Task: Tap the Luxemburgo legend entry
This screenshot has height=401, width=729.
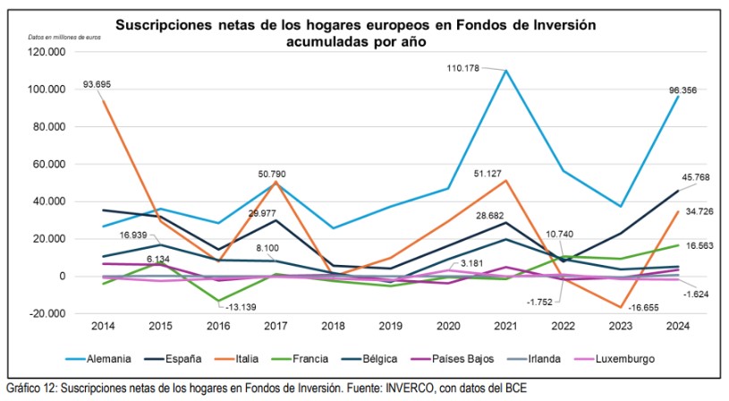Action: pyautogui.click(x=623, y=359)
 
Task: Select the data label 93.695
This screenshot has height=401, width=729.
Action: pyautogui.click(x=97, y=85)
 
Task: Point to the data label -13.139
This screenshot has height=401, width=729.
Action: pyautogui.click(x=240, y=307)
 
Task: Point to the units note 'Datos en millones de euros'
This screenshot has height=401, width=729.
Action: pyautogui.click(x=64, y=38)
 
